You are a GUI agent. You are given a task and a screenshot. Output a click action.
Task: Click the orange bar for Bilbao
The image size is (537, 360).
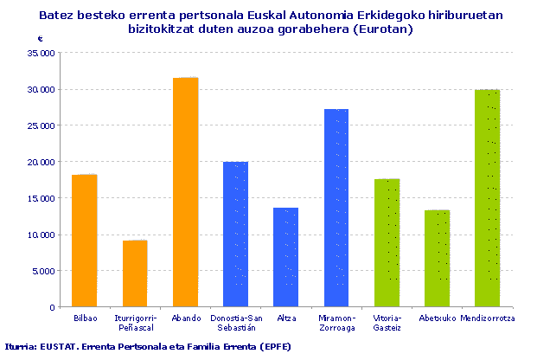[84, 241]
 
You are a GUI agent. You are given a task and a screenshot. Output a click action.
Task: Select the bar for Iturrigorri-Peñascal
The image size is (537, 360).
[134, 273]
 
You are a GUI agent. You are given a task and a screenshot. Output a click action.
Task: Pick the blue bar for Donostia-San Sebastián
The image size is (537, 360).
[235, 234]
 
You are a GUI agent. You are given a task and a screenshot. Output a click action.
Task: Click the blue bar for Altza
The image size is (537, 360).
[285, 257]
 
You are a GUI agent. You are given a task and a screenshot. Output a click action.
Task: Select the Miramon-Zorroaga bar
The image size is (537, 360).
[336, 208]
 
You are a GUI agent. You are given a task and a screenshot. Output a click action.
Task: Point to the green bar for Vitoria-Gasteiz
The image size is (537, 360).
[387, 242]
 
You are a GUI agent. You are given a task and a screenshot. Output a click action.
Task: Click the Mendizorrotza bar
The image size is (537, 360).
[488, 198]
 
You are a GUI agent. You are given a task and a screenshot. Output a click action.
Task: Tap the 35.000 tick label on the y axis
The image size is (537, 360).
[42, 53]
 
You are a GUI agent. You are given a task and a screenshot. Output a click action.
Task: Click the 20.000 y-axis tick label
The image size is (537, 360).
[42, 162]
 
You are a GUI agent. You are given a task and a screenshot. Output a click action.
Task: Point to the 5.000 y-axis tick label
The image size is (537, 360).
[45, 271]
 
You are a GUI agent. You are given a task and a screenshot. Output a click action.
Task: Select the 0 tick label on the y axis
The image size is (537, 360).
[53, 307]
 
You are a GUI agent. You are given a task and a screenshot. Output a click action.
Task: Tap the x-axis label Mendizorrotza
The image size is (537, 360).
[488, 318]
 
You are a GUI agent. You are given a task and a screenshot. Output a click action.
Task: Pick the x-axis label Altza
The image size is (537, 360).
[285, 318]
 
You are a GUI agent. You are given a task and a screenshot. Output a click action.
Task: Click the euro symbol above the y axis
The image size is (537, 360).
[40, 39]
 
